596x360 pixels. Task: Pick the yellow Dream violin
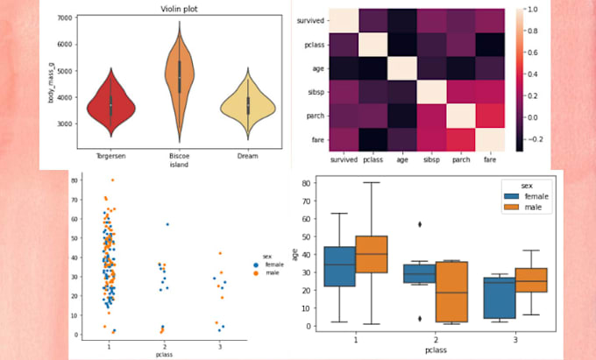point(249,106)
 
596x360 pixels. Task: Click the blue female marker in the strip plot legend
point(254,263)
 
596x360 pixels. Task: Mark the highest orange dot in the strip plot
point(112,180)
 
